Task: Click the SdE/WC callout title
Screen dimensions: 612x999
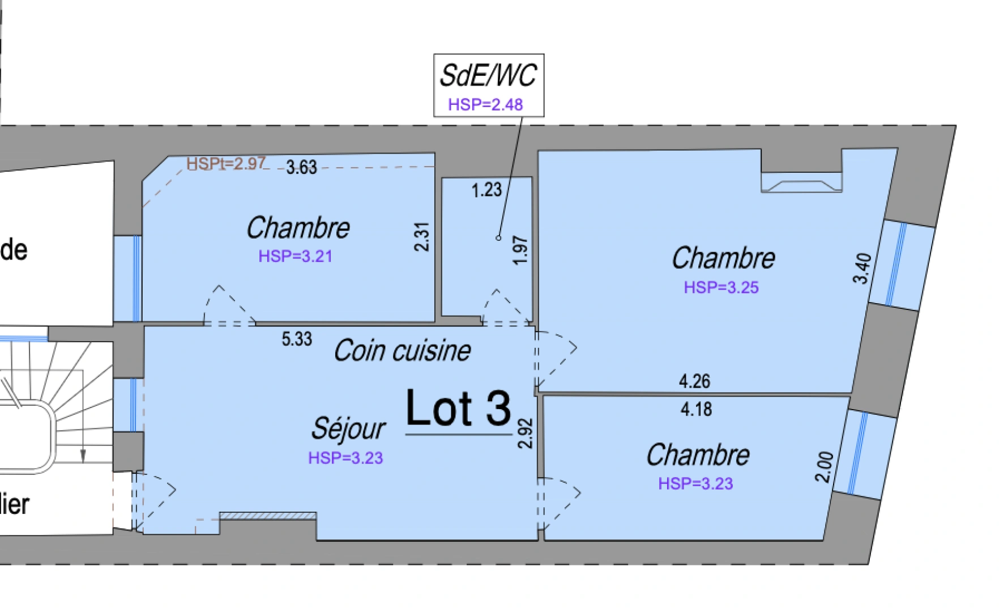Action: click(x=488, y=75)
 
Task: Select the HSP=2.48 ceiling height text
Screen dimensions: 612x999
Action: click(x=485, y=105)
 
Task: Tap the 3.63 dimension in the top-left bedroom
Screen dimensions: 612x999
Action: click(x=301, y=167)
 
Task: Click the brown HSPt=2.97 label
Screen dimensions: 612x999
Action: click(x=226, y=163)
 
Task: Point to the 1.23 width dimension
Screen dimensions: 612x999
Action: click(x=486, y=190)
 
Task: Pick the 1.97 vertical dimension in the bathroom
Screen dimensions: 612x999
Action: click(x=519, y=250)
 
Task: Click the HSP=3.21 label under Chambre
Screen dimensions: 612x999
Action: click(x=295, y=256)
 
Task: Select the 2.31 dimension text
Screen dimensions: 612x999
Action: click(x=422, y=236)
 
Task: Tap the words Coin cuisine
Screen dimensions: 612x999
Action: click(x=402, y=351)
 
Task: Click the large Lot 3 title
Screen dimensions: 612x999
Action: click(x=458, y=408)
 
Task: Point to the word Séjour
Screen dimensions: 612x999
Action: click(x=348, y=428)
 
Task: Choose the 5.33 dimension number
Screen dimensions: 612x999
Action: click(x=297, y=339)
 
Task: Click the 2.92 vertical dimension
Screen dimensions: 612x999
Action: click(x=526, y=433)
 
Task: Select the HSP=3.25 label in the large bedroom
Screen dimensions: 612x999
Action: click(x=721, y=287)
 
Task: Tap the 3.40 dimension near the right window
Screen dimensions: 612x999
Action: click(x=862, y=268)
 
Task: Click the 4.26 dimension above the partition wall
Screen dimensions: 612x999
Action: click(x=694, y=381)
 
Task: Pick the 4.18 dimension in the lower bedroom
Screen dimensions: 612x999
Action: click(x=696, y=409)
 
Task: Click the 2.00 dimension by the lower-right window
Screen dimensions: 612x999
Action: click(x=825, y=466)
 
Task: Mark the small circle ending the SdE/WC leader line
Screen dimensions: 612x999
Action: click(x=498, y=238)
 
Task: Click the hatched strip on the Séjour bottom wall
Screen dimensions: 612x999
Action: click(x=267, y=516)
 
